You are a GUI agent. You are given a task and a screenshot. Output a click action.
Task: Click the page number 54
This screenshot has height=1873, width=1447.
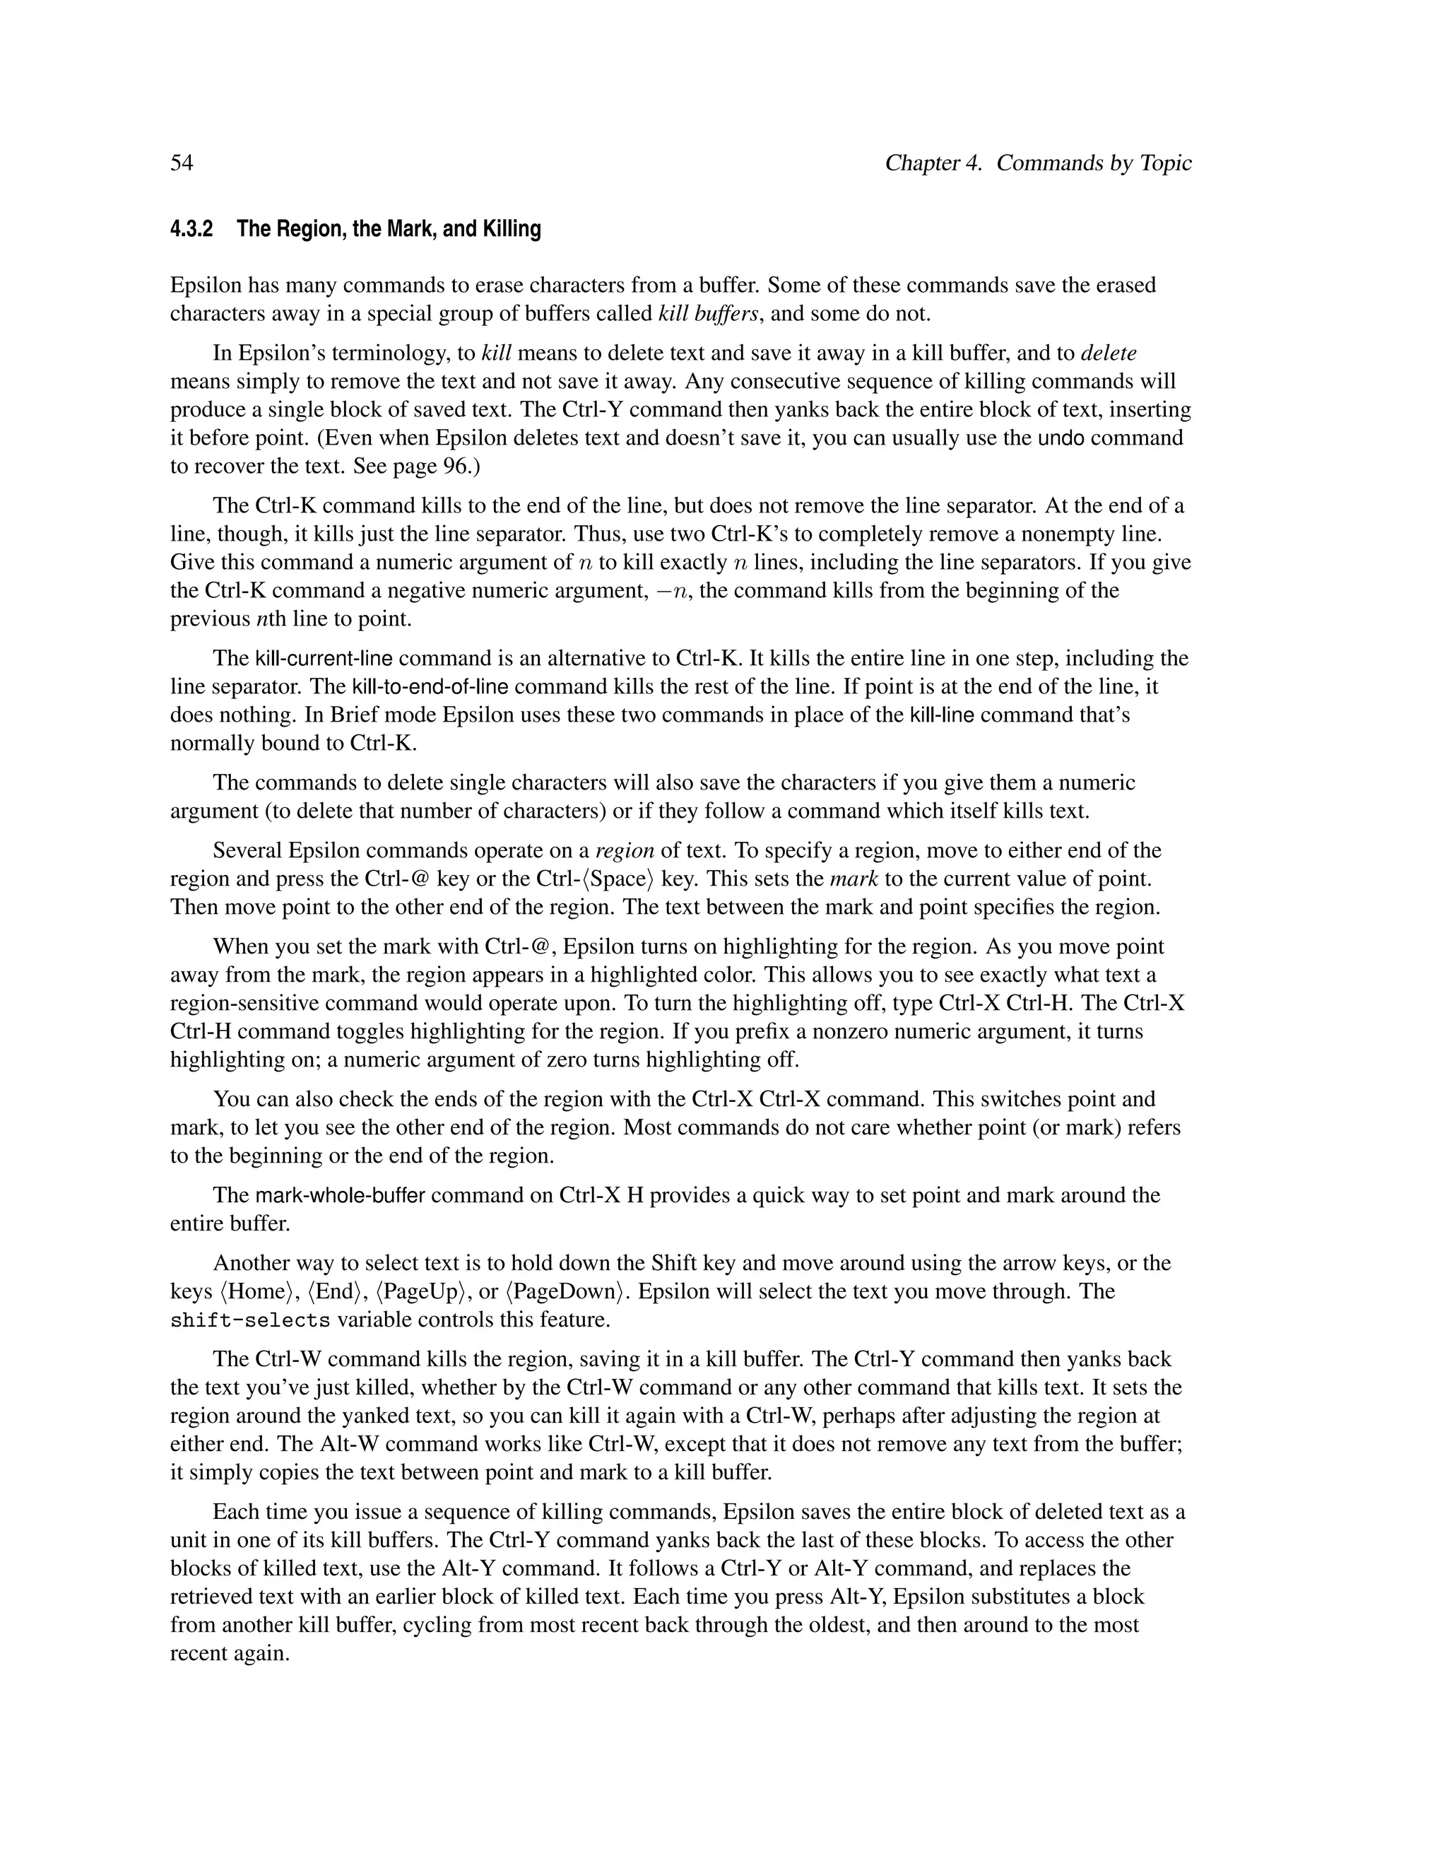[182, 163]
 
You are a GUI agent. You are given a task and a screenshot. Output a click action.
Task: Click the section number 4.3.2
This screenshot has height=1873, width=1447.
[191, 229]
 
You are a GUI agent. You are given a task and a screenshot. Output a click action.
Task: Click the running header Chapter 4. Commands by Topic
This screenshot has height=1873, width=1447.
[1038, 163]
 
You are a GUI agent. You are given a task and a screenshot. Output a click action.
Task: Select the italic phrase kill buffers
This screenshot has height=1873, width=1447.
[708, 313]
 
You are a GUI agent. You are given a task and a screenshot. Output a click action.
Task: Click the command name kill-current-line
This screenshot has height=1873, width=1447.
[324, 659]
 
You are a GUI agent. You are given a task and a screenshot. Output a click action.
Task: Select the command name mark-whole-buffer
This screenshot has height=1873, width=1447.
[341, 1195]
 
